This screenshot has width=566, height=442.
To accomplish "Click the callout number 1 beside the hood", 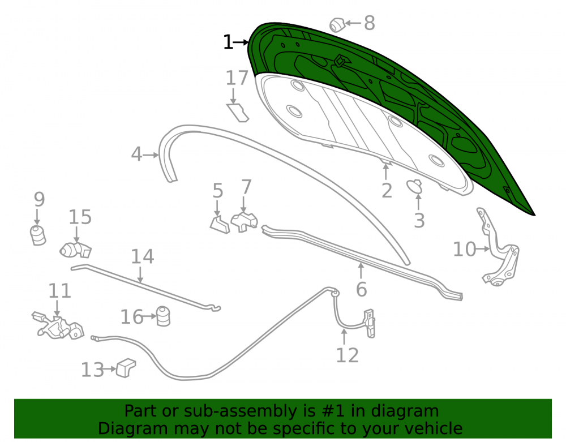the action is point(228,42).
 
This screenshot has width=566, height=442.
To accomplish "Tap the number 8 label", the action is point(369,23).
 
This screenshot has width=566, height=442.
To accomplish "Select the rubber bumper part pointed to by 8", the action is point(337,24).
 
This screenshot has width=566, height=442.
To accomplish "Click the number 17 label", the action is point(237,78).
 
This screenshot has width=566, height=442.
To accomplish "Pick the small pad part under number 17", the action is point(238,113).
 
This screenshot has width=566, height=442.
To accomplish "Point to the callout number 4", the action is point(136,154).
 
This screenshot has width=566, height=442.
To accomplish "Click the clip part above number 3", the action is point(414,186).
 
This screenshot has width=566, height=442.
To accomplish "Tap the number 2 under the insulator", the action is point(387,191).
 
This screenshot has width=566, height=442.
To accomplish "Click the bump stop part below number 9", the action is point(37,235).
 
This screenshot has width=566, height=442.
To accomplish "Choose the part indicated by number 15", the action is point(75,250).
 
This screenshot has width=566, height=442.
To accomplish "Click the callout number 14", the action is point(142,256).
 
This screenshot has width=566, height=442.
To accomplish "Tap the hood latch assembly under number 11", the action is point(58,326).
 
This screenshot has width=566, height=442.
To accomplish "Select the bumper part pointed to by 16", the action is point(163,316).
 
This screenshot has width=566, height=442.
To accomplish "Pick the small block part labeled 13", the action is point(126,368).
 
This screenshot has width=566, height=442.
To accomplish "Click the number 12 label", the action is point(348,355).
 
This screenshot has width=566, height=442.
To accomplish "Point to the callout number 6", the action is point(361,289).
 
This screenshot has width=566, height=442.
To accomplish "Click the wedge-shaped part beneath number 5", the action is point(220,225).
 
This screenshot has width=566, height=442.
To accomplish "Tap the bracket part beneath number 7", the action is point(245,222).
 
